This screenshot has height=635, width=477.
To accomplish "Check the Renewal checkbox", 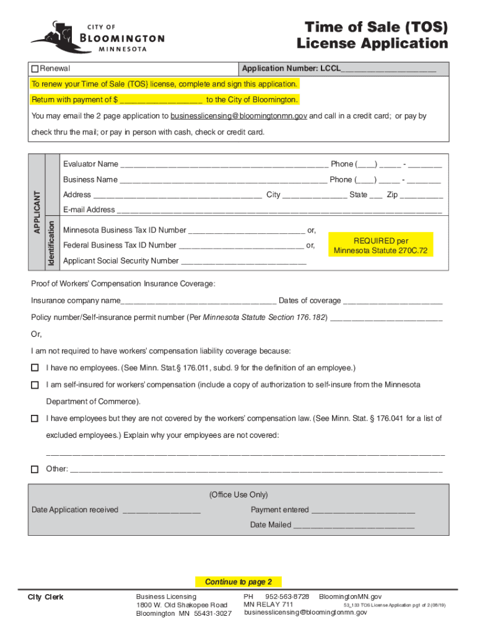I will (35, 68).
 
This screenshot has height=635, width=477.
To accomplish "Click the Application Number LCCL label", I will (291, 68).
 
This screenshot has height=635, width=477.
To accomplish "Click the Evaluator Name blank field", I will (224, 165).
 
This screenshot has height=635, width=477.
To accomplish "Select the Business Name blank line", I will (223, 180).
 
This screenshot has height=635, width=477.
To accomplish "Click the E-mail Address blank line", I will (279, 210).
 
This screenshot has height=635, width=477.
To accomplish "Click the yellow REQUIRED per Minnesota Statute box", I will (380, 246).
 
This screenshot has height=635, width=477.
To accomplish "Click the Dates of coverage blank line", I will (393, 301).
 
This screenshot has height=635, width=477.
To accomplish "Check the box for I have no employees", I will (35, 368).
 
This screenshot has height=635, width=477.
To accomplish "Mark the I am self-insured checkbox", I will (35, 385).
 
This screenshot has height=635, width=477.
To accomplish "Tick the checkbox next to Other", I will (35, 469).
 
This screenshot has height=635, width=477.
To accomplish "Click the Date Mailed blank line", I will (353, 526).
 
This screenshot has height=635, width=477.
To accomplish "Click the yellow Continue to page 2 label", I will (239, 582).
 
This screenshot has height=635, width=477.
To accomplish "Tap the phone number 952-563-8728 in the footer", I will (287, 596).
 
